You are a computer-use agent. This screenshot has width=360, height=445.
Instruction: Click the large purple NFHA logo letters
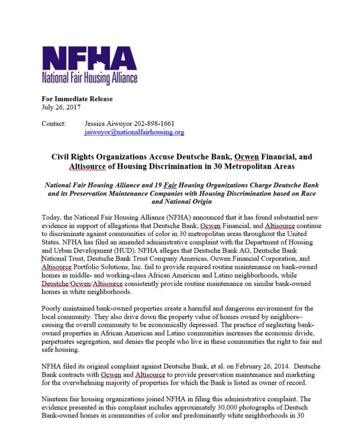point(89,59)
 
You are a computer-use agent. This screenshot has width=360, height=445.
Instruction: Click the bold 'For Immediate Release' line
point(77,99)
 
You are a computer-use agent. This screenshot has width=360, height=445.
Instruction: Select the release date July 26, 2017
point(60,107)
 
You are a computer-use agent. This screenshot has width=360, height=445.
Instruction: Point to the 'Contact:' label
point(53,124)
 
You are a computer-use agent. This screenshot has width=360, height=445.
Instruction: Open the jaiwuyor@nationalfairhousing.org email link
point(134,132)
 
